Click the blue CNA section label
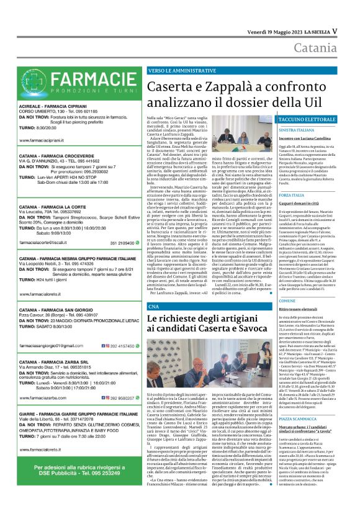coord(153,307)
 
